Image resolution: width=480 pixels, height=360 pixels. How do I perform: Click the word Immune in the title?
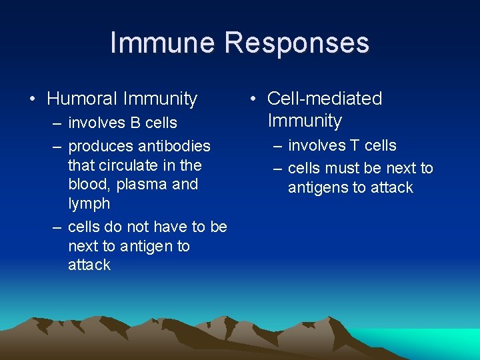163,43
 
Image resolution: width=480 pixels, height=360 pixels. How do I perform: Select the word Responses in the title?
297,43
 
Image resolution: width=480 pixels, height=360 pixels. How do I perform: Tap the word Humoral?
82,99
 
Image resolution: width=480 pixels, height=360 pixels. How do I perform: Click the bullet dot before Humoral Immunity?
33,100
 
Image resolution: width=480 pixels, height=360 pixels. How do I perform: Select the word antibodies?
173,146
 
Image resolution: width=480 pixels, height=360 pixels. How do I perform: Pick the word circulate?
123,165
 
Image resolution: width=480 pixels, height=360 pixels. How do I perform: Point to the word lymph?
89,203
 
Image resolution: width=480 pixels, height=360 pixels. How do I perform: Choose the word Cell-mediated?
325,99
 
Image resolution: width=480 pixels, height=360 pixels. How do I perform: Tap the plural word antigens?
317,187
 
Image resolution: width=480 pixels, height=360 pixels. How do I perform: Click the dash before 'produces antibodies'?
57,146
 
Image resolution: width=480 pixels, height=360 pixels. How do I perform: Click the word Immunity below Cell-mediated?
304,121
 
